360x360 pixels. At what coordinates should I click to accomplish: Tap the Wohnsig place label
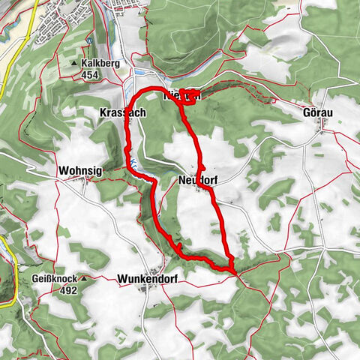(x=79, y=171)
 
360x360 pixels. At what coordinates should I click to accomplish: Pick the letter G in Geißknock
(x=34, y=277)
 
